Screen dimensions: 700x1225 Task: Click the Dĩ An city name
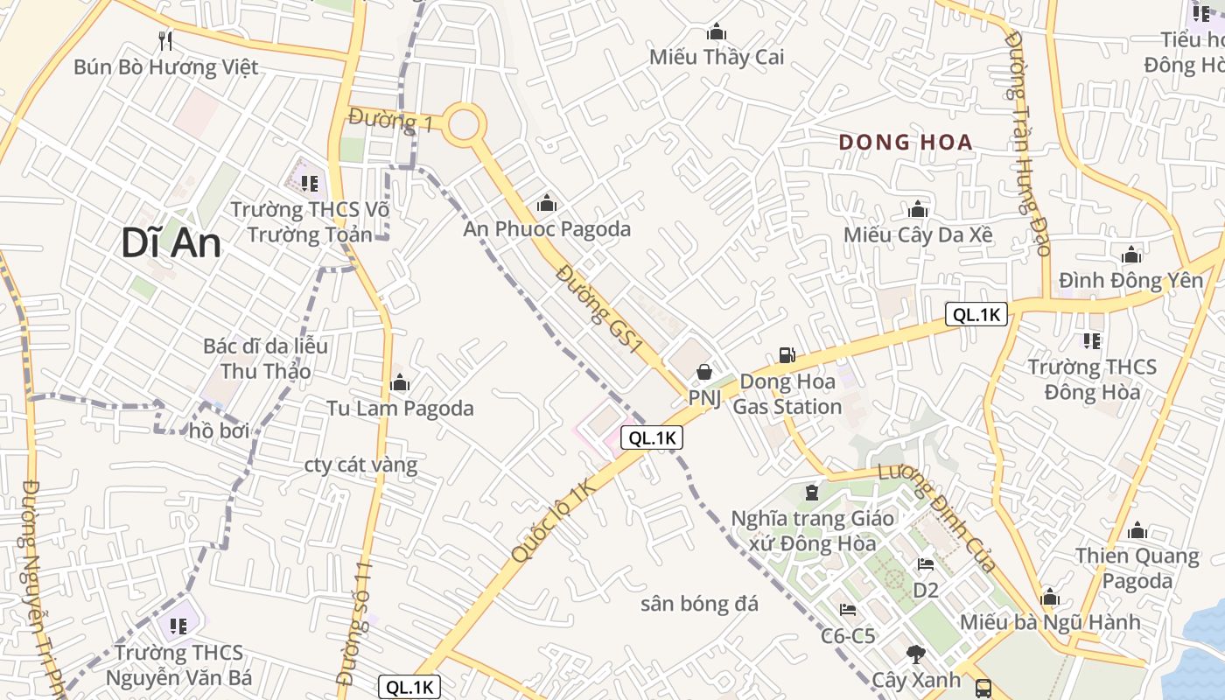coord(171,244)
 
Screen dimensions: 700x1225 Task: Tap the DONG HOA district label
coord(906,143)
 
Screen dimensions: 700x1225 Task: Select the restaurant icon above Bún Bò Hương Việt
coord(165,40)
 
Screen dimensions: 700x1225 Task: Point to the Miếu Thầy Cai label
coord(717,58)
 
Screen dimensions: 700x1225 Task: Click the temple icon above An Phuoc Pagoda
coord(547,204)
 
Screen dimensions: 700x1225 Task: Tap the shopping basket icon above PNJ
coord(703,373)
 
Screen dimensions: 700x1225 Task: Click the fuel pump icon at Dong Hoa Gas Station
coord(787,354)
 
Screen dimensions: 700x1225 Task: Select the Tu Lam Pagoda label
coord(400,409)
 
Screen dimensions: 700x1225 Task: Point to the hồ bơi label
coord(220,430)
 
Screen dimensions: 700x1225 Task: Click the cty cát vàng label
coord(360,465)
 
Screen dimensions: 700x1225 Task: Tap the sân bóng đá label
coord(699,604)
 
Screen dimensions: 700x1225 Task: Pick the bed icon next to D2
coord(925,564)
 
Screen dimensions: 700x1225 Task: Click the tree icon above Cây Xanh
coord(915,654)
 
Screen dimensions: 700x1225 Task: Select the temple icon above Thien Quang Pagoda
coord(1137,530)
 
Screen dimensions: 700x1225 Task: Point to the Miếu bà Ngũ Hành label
coord(1050,622)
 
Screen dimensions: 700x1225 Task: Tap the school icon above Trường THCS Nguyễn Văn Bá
coord(178,626)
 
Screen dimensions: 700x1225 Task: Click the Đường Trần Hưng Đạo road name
coord(1027,143)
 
